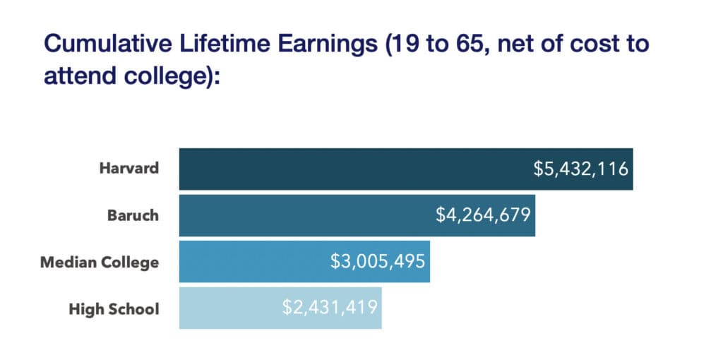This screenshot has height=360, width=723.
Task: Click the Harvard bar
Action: tap(353, 169)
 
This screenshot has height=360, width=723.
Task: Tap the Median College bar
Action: tap(254, 262)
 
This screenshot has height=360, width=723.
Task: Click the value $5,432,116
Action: tap(580, 169)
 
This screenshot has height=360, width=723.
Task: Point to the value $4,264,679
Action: tap(483, 215)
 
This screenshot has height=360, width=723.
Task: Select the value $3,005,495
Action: tap(378, 262)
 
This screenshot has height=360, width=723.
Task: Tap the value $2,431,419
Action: tap(330, 308)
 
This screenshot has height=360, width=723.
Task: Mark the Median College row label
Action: tap(100, 262)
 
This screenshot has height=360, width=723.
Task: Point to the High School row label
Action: tap(114, 308)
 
